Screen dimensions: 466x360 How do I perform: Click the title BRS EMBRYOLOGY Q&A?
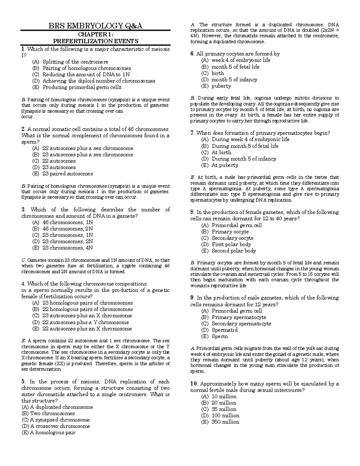tap(95, 26)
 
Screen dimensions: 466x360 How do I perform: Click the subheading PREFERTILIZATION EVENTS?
tap(95, 41)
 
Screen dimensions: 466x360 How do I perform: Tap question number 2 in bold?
tap(23, 129)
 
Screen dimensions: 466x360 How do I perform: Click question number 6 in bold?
tap(192, 54)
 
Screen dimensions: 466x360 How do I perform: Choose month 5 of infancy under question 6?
tap(234, 80)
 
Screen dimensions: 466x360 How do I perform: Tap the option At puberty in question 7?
tap(225, 165)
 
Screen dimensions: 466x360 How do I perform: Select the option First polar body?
tap(231, 244)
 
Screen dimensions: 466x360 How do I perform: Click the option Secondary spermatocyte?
tap(241, 323)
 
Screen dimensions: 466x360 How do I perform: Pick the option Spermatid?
tap(224, 330)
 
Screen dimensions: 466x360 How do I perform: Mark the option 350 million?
tap(225, 422)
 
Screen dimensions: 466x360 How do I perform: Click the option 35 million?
tap(224, 409)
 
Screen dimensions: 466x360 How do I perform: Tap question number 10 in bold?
tap(193, 384)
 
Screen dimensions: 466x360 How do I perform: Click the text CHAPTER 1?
tap(95, 35)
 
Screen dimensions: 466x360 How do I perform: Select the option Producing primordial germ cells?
tap(82, 87)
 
